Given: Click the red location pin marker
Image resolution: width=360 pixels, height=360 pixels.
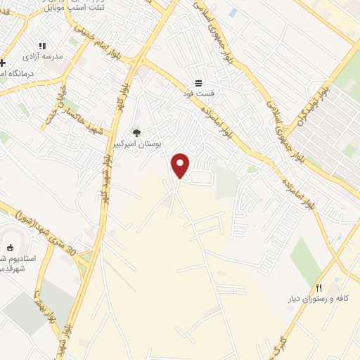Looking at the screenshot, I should click(x=181, y=165).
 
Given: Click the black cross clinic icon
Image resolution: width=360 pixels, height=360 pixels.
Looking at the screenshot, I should click(x=2, y=63).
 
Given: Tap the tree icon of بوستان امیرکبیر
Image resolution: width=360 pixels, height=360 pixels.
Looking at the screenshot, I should click(x=136, y=131).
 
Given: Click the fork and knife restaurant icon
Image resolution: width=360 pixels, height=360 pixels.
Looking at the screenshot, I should click(x=319, y=288).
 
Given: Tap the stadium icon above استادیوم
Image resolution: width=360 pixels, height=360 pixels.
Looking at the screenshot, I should click(x=10, y=247).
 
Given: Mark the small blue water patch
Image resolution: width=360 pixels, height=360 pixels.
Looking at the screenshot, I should click(x=233, y=13).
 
